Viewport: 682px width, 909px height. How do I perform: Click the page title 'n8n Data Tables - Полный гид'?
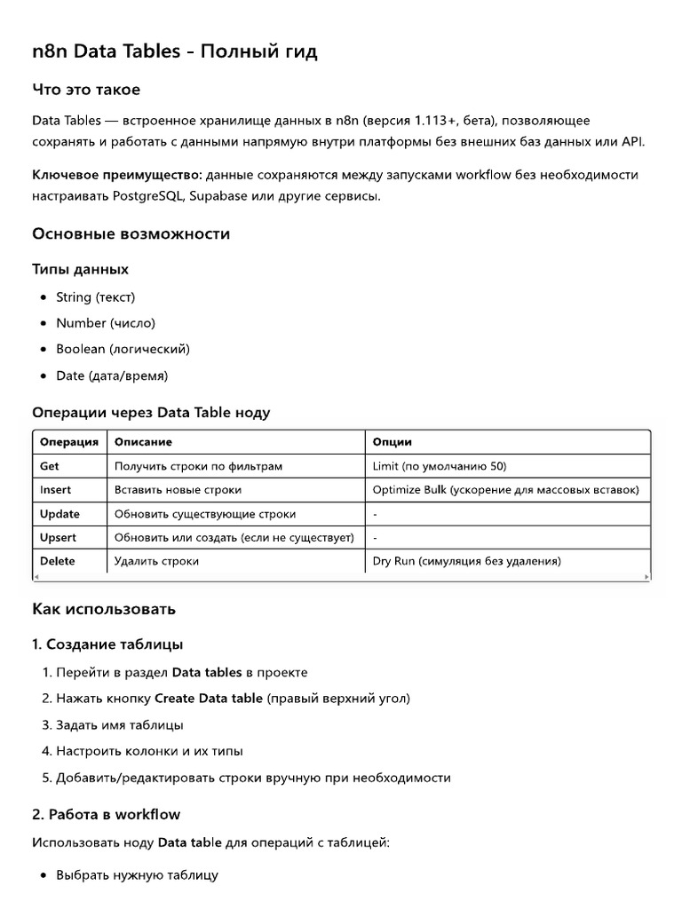point(174,52)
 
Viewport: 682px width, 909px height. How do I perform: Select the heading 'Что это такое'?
point(86,90)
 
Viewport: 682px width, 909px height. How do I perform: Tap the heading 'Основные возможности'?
point(131,234)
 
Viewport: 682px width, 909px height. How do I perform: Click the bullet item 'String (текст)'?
point(95,297)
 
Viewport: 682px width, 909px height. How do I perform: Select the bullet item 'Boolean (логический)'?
point(123,349)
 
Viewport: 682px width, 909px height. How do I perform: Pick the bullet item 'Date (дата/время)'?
point(111,375)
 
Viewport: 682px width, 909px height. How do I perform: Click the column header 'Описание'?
point(143,442)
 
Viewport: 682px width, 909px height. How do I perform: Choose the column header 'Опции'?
point(392,442)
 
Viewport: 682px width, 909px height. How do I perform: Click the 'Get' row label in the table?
point(50,466)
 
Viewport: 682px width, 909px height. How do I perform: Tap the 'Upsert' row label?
point(59,538)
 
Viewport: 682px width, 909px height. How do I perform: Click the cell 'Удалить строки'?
point(156,561)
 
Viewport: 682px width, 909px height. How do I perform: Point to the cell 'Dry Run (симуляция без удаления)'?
point(466,561)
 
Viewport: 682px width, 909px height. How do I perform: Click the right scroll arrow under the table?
point(646,577)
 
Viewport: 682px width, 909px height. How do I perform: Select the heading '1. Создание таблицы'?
point(107,644)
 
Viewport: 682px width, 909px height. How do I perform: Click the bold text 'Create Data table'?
point(209,699)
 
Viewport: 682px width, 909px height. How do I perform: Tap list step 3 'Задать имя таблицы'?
point(119,725)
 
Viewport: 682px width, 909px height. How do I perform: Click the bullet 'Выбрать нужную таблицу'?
point(137,874)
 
